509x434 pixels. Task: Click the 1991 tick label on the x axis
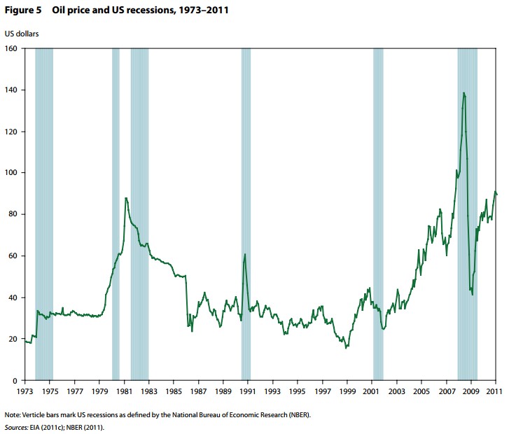(248, 391)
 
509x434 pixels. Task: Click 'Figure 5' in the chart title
(22, 11)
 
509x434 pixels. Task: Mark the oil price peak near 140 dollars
(463, 92)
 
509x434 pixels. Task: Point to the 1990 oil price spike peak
(245, 254)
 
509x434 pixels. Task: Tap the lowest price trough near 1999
(346, 348)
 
